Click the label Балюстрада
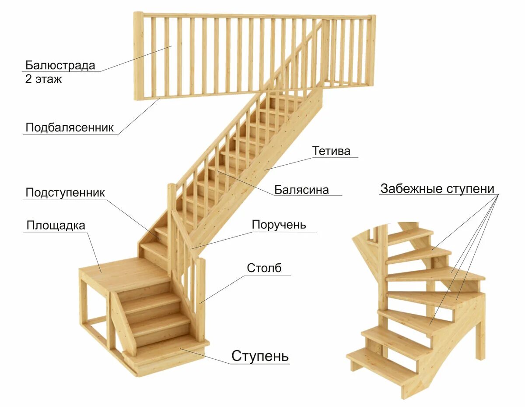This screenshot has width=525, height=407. tap(60, 66)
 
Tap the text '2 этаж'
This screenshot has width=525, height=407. tap(43, 80)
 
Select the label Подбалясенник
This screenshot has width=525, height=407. tap(70, 127)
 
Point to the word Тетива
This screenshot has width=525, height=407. tap(331, 151)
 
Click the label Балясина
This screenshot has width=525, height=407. tap(301, 190)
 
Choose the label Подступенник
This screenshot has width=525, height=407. tap(65, 193)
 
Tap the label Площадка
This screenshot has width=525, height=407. tap(56, 226)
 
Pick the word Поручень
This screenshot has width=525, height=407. tap(279, 225)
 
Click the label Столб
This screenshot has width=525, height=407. tap(264, 268)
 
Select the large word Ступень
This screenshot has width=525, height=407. tap(260, 355)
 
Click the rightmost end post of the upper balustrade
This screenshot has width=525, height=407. tap(371, 50)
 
